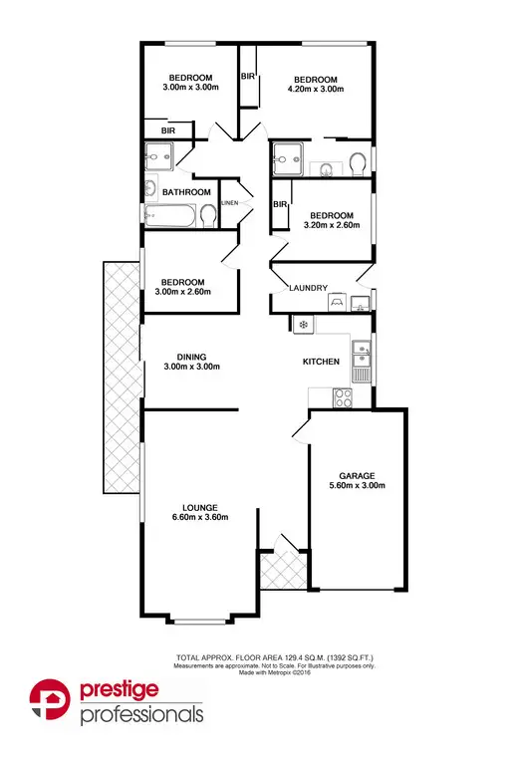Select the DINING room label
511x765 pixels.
(191, 356)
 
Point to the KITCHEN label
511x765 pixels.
(321, 362)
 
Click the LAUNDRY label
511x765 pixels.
(308, 289)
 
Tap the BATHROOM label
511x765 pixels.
(187, 191)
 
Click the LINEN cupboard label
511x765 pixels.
(229, 203)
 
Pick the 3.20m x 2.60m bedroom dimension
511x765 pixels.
(330, 226)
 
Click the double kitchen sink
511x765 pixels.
(364, 361)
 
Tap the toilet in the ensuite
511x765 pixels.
(358, 162)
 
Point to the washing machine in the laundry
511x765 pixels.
(337, 301)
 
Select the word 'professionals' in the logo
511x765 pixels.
(141, 715)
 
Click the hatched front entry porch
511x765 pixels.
(273, 571)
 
